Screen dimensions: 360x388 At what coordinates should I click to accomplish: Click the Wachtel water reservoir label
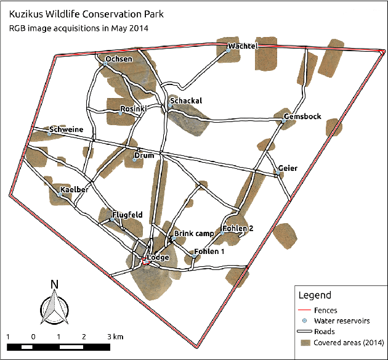pyautogui.click(x=242, y=47)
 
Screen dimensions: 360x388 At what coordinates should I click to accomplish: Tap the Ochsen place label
pyautogui.click(x=118, y=60)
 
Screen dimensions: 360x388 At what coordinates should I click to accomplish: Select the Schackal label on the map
pyautogui.click(x=186, y=101)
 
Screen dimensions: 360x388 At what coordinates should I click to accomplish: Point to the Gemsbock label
pyautogui.click(x=302, y=117)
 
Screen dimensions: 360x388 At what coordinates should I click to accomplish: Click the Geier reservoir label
pyautogui.click(x=288, y=168)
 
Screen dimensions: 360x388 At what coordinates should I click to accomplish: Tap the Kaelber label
pyautogui.click(x=75, y=189)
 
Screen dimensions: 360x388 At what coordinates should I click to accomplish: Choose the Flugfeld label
pyautogui.click(x=127, y=215)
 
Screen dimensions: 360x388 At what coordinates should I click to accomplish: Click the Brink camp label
pyautogui.click(x=194, y=234)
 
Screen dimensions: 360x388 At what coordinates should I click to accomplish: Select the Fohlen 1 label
pyautogui.click(x=209, y=252)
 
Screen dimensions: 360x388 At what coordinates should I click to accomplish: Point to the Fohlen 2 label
pyautogui.click(x=238, y=229)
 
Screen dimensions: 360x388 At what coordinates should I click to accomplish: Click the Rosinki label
pyautogui.click(x=133, y=109)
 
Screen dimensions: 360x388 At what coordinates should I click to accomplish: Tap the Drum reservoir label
pyautogui.click(x=144, y=156)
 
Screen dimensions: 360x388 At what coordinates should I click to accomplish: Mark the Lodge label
pyautogui.click(x=157, y=258)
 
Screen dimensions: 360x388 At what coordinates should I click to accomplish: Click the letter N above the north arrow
pyautogui.click(x=54, y=284)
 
